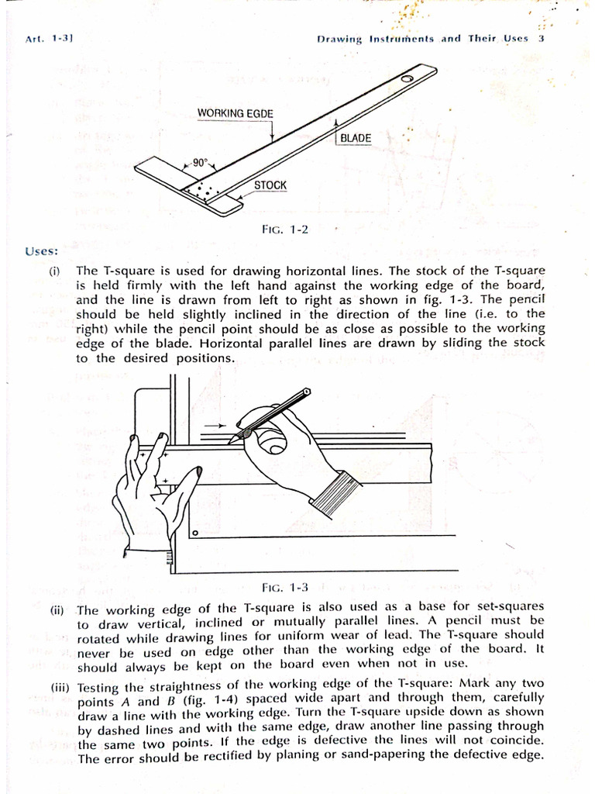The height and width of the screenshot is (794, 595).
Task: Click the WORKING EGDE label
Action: tap(235, 113)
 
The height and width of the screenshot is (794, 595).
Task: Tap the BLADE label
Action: tap(356, 138)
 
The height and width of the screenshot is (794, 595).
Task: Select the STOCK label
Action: tap(270, 185)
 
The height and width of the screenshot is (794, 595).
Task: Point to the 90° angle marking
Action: tap(201, 164)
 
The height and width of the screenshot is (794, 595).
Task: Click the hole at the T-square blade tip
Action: tap(406, 79)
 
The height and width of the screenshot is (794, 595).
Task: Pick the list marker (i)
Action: tap(55, 271)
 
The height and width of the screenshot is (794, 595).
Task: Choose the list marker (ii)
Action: tap(57, 609)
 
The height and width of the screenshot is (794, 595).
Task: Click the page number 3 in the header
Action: tap(542, 38)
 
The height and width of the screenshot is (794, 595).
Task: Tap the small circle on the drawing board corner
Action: tap(194, 533)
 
